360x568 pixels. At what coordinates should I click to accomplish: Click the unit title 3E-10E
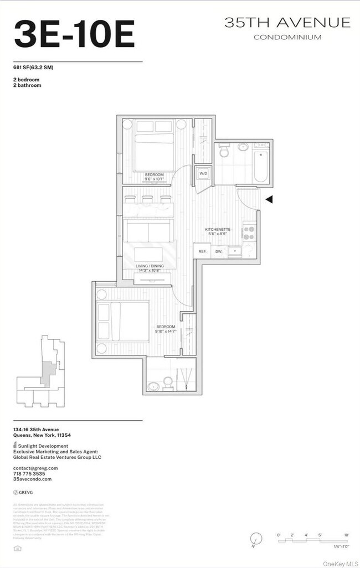[74, 34]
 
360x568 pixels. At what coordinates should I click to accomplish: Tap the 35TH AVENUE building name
[287, 23]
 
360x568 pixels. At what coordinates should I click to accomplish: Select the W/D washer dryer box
[203, 174]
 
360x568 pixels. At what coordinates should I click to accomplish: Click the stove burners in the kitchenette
[249, 231]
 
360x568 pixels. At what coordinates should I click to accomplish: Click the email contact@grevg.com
[35, 468]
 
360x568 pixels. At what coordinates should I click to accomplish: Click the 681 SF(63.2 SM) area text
[33, 68]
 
